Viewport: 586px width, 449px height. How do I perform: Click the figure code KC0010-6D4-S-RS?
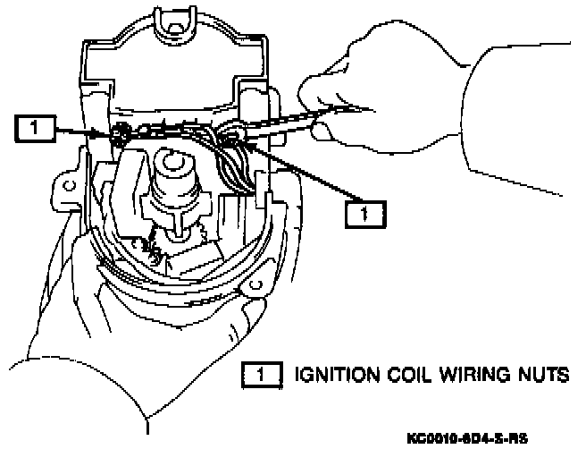coord(466,438)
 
